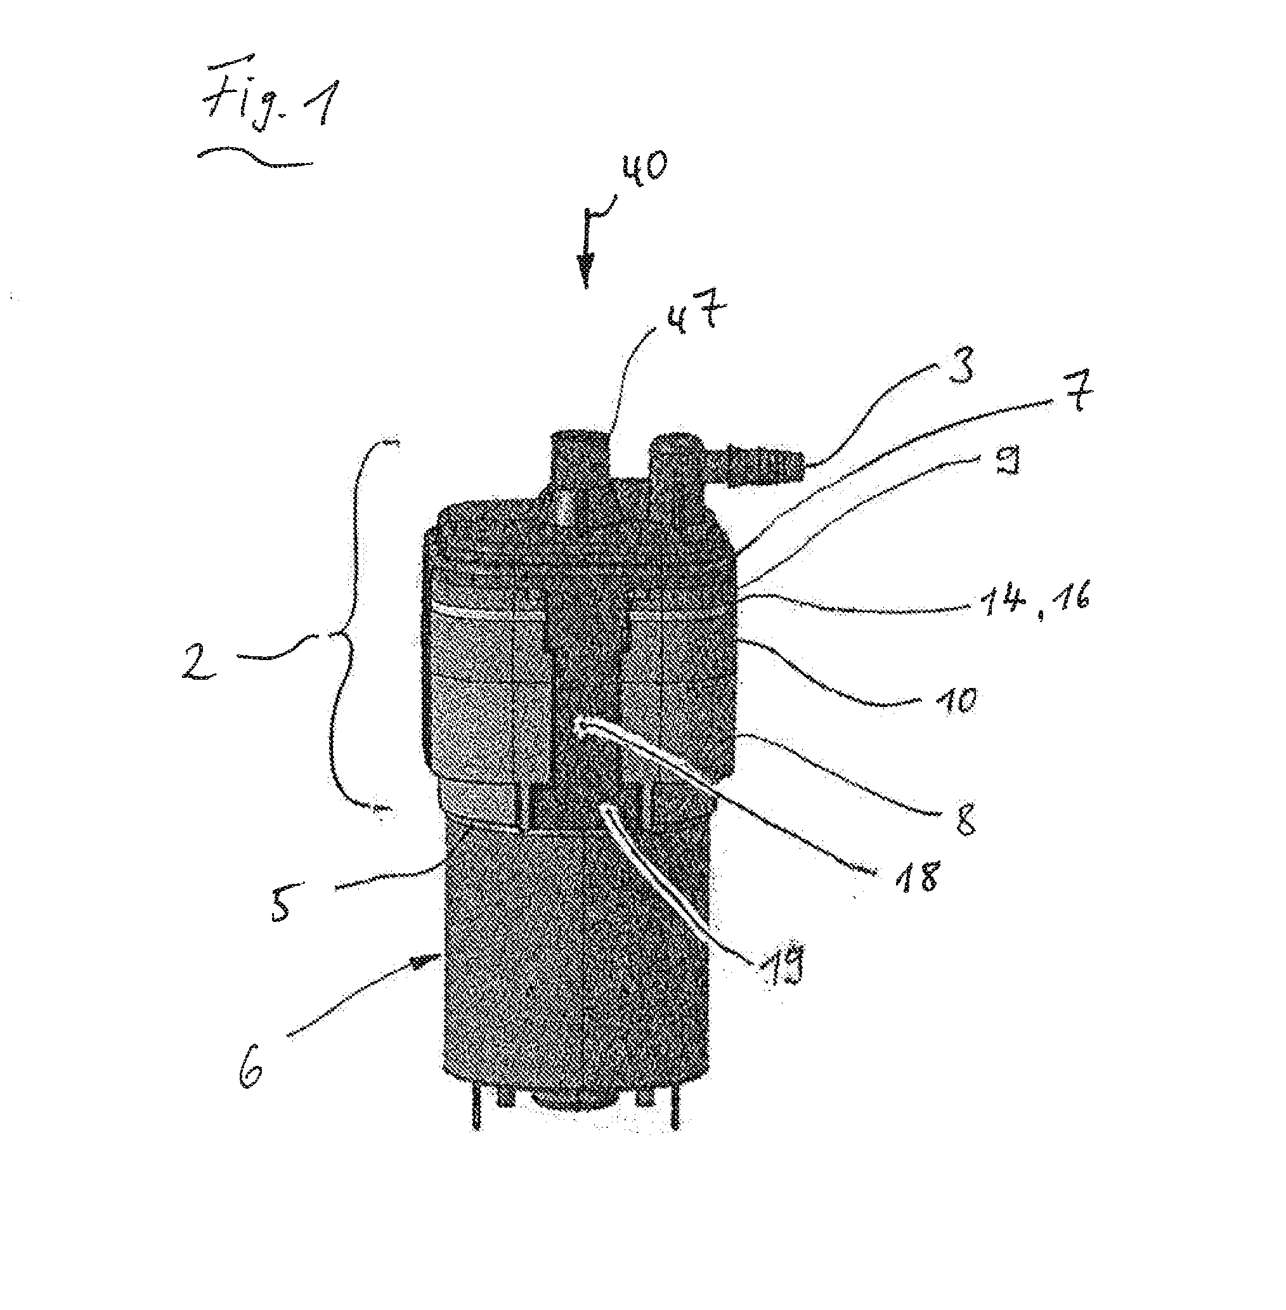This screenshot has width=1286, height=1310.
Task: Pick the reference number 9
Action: [1007, 460]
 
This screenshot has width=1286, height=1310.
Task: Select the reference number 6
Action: [251, 1068]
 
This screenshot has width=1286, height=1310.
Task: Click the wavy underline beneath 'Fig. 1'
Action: [256, 157]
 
